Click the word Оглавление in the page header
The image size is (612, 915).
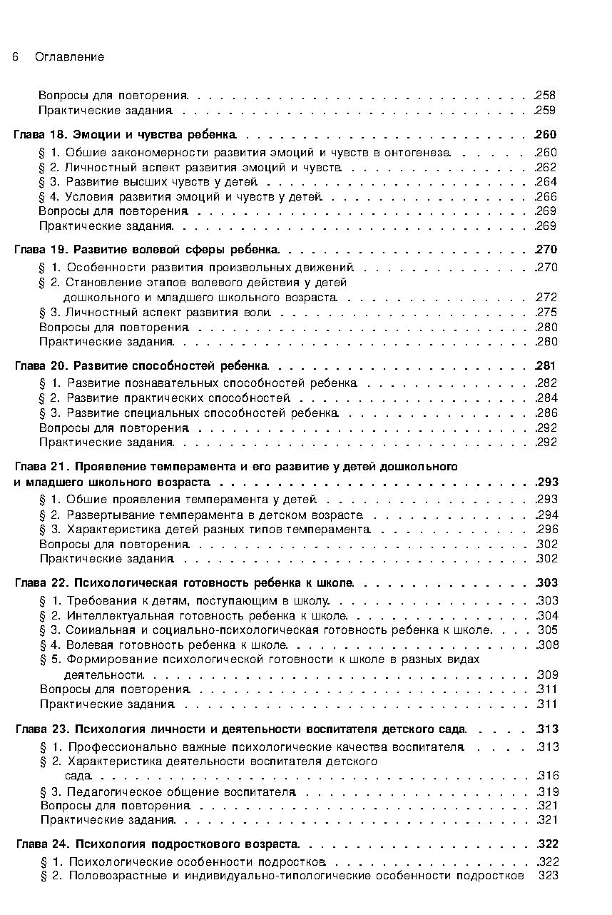[x=69, y=57]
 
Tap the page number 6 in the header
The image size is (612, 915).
[x=15, y=57]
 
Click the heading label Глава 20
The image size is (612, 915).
[x=40, y=366]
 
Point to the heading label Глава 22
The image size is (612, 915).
[x=40, y=583]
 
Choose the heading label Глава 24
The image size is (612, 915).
[x=41, y=844]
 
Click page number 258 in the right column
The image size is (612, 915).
[x=546, y=96]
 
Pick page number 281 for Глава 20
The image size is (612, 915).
[x=547, y=366]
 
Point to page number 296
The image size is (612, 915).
[x=548, y=530]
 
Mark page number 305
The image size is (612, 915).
[x=548, y=630]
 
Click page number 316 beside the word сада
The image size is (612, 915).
[x=549, y=776]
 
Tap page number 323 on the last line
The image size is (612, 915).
[x=549, y=876]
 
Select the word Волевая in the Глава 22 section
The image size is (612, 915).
[x=88, y=645]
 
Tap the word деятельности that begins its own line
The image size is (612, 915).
[x=103, y=674]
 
